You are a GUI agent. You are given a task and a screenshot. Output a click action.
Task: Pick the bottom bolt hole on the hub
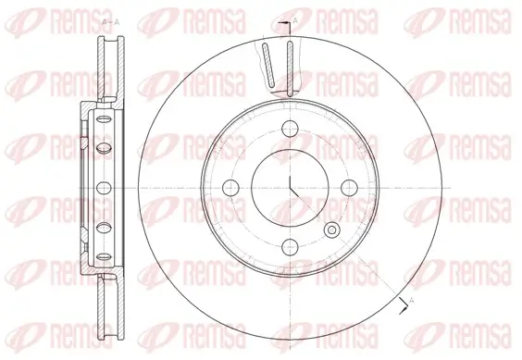(x=289, y=245)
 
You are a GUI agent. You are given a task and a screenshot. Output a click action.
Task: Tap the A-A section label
(x=107, y=20)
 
